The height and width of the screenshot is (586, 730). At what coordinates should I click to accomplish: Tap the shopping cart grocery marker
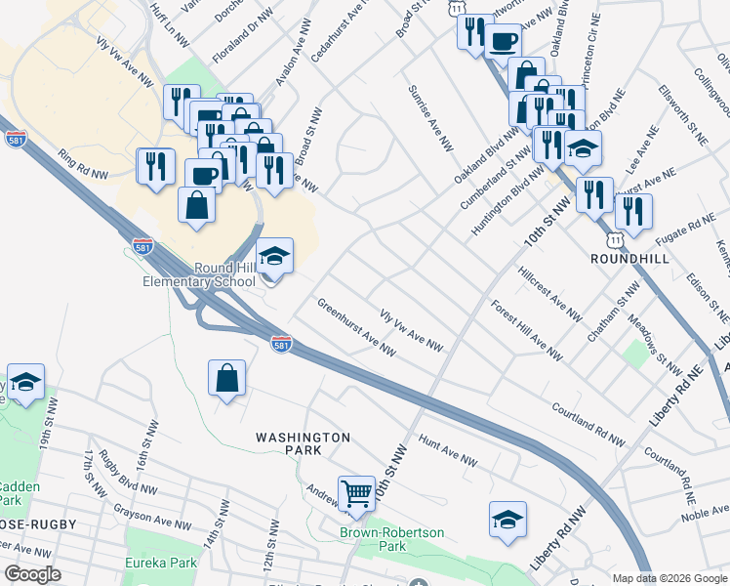(x=357, y=492)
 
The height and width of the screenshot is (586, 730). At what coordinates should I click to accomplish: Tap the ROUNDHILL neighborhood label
(x=630, y=258)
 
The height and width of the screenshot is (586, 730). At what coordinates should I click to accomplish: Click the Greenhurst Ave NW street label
(x=355, y=326)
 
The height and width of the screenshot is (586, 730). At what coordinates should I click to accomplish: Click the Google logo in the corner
(x=32, y=574)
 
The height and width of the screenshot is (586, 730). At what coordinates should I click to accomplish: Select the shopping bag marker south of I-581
(x=226, y=378)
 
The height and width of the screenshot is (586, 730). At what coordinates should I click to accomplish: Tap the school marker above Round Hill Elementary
(x=276, y=257)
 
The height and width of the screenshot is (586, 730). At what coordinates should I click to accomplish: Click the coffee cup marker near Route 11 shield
(x=503, y=42)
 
